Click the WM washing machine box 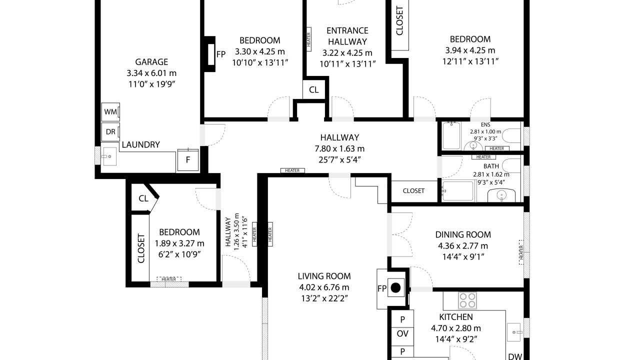point(110,112)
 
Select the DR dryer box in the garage point(110,131)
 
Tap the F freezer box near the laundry point(188,160)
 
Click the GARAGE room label point(151,61)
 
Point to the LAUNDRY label point(141,144)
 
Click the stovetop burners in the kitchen point(467,300)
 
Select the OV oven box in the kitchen point(402,333)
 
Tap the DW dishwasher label point(515,356)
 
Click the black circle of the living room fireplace point(396,288)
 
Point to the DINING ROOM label point(463,234)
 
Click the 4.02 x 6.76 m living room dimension point(324,287)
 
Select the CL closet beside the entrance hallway point(314,89)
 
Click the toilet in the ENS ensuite point(511,135)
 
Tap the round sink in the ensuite point(473,145)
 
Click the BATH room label point(491,166)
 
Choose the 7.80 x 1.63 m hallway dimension point(339,149)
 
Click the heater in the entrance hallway point(309,39)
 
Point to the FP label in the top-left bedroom point(221,54)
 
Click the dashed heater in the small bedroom point(169,279)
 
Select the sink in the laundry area point(109,156)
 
